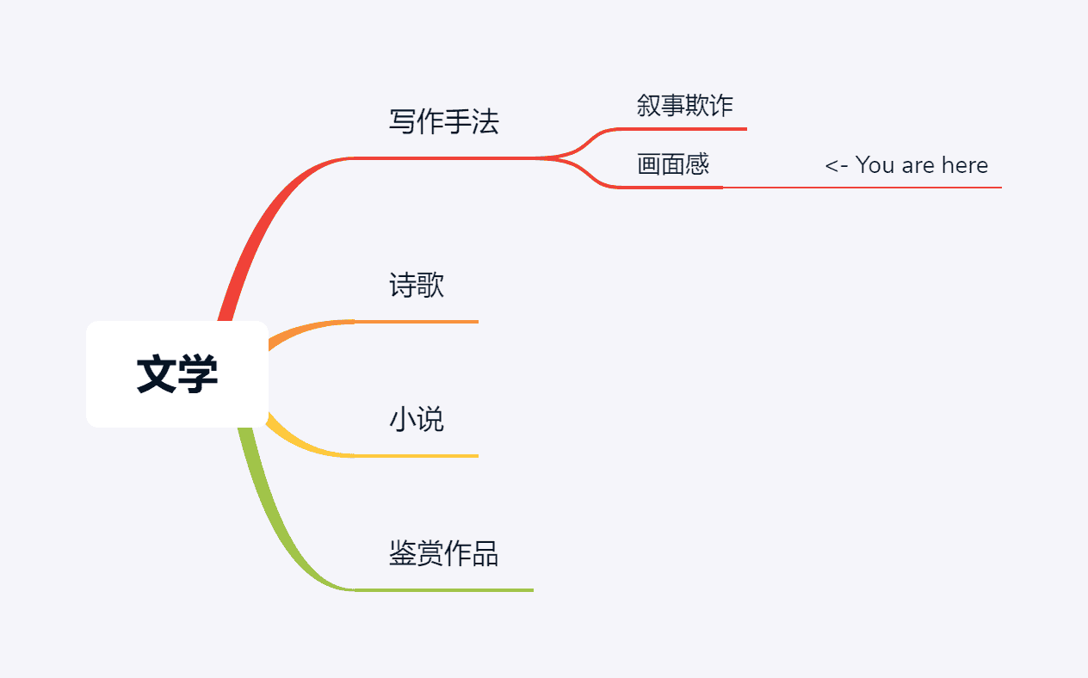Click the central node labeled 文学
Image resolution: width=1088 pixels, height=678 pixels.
177,374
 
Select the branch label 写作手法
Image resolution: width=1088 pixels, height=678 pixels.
443,122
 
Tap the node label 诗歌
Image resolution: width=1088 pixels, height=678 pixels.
417,285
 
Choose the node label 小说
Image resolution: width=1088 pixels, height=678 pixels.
417,420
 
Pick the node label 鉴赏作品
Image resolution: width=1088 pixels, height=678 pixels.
443,553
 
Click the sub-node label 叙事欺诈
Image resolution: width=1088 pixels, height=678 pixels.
684,106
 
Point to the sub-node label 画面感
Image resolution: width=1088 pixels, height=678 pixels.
673,164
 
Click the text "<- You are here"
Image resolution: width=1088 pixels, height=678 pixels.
906,165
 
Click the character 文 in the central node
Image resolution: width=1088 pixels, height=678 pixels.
157,375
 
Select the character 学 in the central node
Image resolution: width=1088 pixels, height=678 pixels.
198,375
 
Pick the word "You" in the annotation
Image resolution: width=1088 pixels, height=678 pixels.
875,165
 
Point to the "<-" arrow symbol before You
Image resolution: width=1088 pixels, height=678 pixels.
836,165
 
